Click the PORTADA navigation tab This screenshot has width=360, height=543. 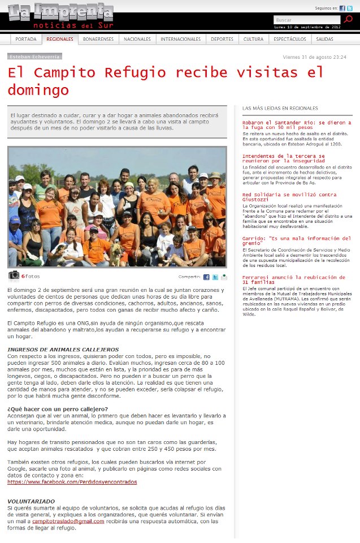[26, 39]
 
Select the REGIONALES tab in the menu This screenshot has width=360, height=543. [60, 39]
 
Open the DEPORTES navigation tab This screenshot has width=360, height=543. [222, 39]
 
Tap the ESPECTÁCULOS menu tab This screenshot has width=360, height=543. [290, 39]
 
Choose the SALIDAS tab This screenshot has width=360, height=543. [325, 39]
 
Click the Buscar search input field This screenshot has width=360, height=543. [307, 20]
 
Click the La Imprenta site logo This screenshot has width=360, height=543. [61, 16]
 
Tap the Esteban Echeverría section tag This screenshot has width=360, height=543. [34, 57]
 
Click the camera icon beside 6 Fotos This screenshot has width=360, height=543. [14, 275]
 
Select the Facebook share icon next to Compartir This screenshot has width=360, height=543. [206, 277]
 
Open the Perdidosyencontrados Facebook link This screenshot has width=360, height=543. [72, 482]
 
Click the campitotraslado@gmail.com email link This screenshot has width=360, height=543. [68, 521]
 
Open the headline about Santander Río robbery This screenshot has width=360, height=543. [296, 124]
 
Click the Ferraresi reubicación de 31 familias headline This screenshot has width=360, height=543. [293, 279]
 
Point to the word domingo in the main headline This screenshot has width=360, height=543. [38, 90]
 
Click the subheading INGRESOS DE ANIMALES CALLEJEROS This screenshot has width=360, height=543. [63, 350]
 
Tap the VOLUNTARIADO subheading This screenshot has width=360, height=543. [31, 501]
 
